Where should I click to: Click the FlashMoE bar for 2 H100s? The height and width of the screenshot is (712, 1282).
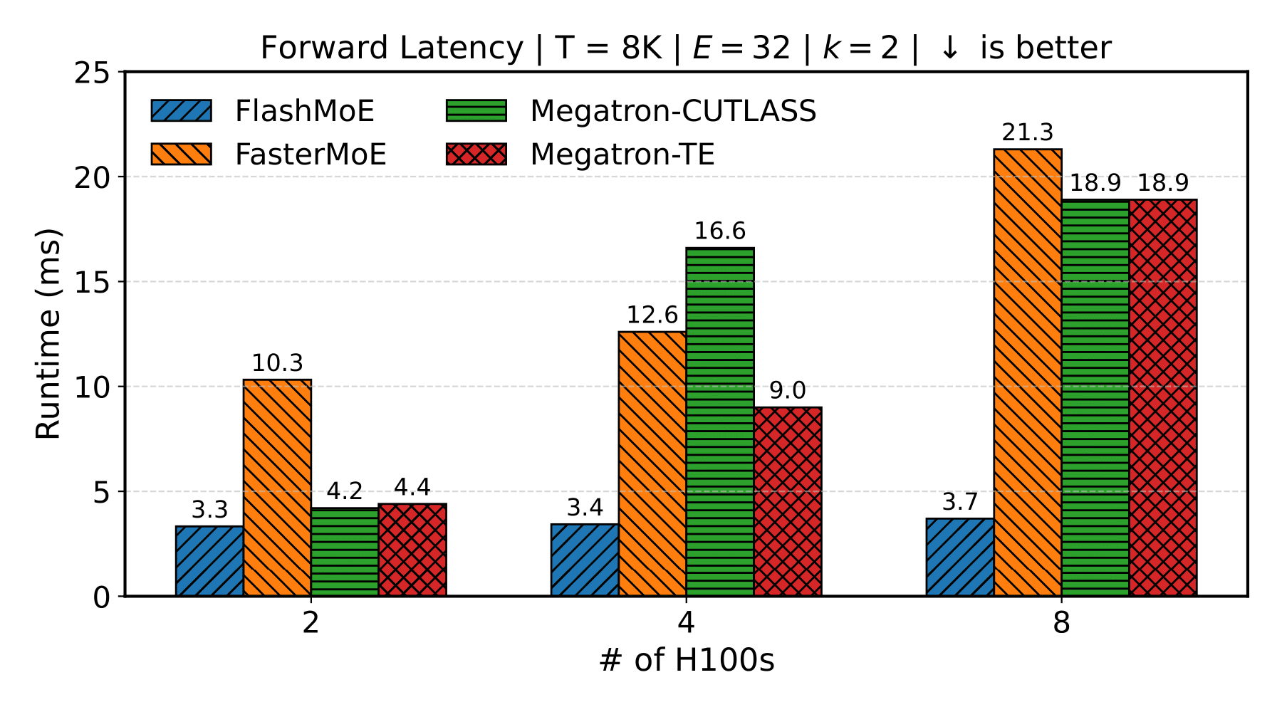pos(209,561)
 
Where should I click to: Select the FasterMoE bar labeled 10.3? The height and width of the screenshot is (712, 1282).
pos(277,488)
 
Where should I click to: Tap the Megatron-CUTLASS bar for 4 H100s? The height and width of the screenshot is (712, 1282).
pos(720,422)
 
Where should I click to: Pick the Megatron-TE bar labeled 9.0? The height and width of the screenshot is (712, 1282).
pos(788,501)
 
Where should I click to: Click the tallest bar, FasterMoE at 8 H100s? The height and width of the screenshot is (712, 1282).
pos(1028,372)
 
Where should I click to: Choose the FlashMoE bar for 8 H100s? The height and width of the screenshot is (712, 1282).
pos(960,557)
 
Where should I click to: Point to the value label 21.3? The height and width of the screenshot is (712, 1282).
pos(1028,133)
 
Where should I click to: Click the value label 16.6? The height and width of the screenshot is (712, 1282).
pos(720,231)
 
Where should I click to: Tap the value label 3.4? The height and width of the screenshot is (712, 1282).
pos(585,508)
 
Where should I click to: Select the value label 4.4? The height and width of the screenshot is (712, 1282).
pos(412,488)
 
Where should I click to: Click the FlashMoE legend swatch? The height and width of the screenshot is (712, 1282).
pos(181,111)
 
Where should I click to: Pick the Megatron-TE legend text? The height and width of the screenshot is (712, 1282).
pos(622,155)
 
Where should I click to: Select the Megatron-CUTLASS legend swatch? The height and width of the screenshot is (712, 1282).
pos(476,111)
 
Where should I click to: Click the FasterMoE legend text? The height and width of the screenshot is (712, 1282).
pos(311,155)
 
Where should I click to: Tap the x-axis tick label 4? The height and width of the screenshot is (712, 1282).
pos(686,624)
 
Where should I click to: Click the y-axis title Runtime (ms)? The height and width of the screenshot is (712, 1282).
pos(48,334)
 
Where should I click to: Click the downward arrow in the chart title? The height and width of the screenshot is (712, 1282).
pos(949,48)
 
